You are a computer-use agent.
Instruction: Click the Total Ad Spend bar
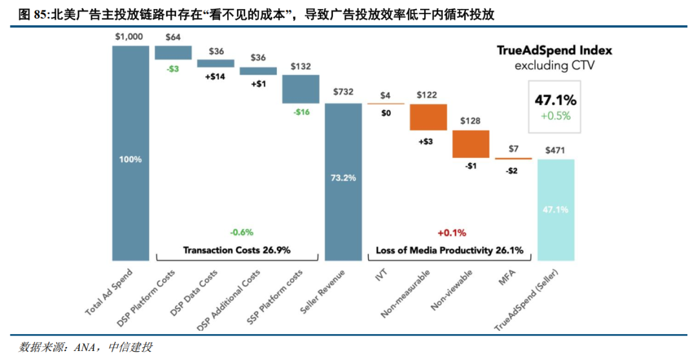point(130,153)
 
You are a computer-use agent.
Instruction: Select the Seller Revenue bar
point(343,182)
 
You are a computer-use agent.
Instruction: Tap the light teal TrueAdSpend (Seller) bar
point(556,210)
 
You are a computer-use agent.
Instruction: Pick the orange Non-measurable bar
point(428,117)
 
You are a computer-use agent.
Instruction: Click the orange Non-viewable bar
point(470,144)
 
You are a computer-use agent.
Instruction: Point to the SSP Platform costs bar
point(301,89)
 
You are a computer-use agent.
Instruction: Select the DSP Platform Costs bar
point(173,52)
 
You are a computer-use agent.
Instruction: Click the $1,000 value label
point(129,36)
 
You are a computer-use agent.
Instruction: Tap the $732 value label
point(343,92)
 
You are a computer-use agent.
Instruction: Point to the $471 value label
point(555,150)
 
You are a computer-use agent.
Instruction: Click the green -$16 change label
point(301,112)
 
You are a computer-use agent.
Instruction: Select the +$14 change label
point(215,76)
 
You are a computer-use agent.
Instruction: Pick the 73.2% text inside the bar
point(343,178)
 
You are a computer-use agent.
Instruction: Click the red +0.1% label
point(452,232)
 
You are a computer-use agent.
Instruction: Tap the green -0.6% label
point(241,232)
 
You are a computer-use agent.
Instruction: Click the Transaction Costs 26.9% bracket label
point(237,250)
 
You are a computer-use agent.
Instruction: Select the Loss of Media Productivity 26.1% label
point(449,250)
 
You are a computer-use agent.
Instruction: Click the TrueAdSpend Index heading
point(554,50)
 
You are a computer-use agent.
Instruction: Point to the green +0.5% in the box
point(556,116)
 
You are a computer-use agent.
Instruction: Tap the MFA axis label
point(507,278)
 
